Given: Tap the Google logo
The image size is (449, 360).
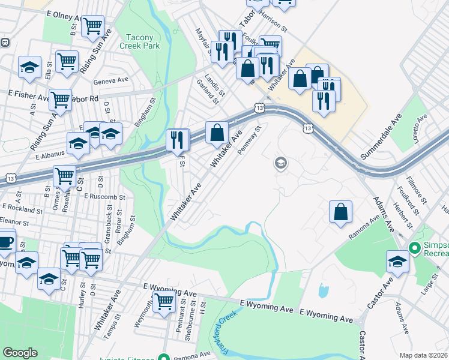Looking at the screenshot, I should pyautogui.click(x=20, y=353).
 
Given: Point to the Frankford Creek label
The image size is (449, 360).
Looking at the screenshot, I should pyautogui.click(x=215, y=331).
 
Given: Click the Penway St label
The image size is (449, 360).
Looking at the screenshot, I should pyautogui.click(x=250, y=140).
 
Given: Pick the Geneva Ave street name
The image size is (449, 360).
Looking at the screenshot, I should pyautogui.click(x=111, y=80).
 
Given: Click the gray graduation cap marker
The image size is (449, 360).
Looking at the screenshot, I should pyautogui.click(x=280, y=163).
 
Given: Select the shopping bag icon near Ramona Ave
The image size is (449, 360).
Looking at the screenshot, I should pyautogui.click(x=340, y=212).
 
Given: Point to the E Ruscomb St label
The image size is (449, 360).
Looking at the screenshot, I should pyautogui.click(x=105, y=196).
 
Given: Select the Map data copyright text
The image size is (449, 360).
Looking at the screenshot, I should pyautogui.click(x=423, y=355).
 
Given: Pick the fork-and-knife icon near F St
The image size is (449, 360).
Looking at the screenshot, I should pyautogui.click(x=178, y=140).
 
